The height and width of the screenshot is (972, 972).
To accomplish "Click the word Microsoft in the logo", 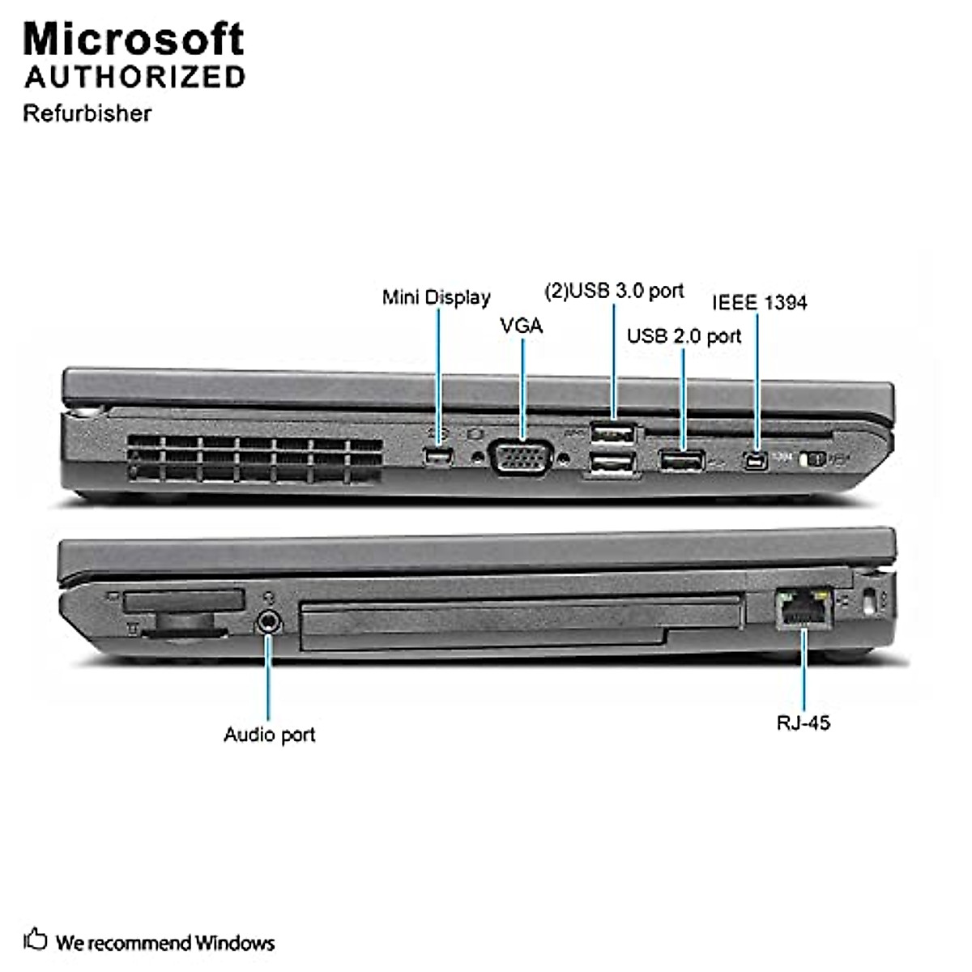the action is coord(134,39).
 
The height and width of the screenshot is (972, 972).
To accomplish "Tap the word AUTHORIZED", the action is coord(135,77).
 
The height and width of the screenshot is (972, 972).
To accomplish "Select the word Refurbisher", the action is coord(87,113).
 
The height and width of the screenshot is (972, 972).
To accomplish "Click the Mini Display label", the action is coord(436,297).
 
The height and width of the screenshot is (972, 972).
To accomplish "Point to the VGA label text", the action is coord(522,326).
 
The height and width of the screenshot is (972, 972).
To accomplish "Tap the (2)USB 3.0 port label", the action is coord(614,291).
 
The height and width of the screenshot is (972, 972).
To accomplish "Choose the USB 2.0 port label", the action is coord(684,335).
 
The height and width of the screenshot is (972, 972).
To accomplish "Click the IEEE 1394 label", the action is coord(759,303).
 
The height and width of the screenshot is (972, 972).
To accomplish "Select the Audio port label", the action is coord(269,735).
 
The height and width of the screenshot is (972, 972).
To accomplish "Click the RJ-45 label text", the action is coord(803,723).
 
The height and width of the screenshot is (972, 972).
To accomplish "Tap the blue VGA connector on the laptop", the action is coord(522,457).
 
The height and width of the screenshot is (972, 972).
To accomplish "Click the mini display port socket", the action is coord(437,458).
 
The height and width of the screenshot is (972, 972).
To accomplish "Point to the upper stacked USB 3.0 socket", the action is coord(612,434).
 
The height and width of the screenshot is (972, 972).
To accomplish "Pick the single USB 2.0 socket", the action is coord(682,461).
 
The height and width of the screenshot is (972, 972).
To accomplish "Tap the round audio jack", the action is coord(270,621).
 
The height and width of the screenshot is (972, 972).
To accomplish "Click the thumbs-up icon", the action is coord(36,940).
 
